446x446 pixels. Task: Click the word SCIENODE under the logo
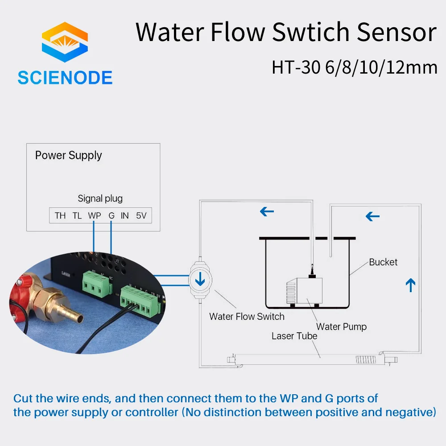[x=65, y=78]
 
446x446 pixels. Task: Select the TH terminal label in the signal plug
[x=60, y=216]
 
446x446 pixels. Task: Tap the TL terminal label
[x=77, y=216]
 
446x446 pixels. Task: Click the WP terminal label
[x=94, y=216]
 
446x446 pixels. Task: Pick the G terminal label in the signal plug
[x=111, y=216]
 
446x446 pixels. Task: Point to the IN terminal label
[x=125, y=216]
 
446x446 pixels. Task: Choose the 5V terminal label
[x=141, y=216]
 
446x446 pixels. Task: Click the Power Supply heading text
[x=68, y=155]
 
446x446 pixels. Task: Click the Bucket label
[x=383, y=262]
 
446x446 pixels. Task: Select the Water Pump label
[x=341, y=327]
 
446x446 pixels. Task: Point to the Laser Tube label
[x=294, y=336]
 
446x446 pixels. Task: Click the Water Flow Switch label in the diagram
[x=247, y=317]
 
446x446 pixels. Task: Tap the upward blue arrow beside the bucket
[x=411, y=285]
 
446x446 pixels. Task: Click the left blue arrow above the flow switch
[x=267, y=211]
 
